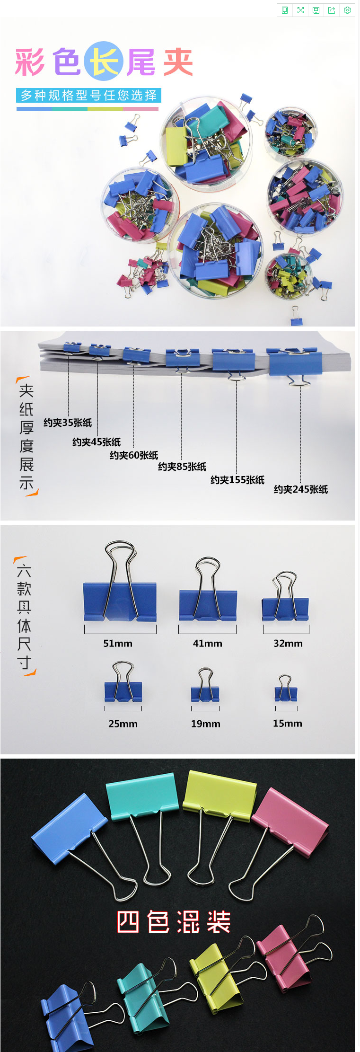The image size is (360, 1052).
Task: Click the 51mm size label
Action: tap(118, 643)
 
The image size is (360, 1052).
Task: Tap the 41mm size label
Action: tap(207, 643)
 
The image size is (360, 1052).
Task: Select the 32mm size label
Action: tap(288, 643)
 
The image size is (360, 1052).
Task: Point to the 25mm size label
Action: tap(123, 724)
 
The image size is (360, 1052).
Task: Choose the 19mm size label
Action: tap(205, 724)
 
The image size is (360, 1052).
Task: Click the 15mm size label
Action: tap(287, 723)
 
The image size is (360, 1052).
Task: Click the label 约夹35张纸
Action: tap(68, 423)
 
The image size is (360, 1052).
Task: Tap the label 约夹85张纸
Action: tap(182, 467)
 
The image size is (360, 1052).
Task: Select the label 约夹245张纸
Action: tap(301, 489)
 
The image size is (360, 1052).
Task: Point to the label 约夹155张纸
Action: tap(237, 480)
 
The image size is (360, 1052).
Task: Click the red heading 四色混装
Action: tap(174, 922)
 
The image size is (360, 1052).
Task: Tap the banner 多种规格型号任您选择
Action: tap(89, 95)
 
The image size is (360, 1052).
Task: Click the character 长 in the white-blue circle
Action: tap(104, 62)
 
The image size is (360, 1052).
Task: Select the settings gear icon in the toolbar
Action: tap(347, 10)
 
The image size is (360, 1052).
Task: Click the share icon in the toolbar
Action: tap(332, 10)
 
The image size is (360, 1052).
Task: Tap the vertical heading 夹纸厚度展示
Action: tap(26, 436)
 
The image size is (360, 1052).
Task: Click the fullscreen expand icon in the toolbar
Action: tap(300, 10)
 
